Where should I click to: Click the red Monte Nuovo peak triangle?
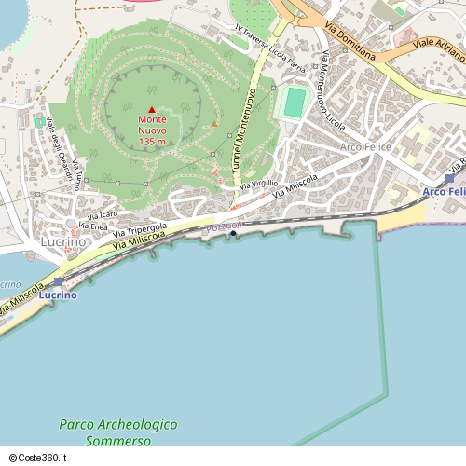(152, 110)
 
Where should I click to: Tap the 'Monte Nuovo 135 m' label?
(152, 130)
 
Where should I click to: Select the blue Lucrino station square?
(59, 281)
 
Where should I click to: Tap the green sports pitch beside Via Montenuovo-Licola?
(294, 103)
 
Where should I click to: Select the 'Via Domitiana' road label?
(352, 41)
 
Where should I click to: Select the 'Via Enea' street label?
(93, 226)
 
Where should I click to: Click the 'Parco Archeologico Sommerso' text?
(117, 432)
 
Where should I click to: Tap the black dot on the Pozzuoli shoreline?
(233, 233)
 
